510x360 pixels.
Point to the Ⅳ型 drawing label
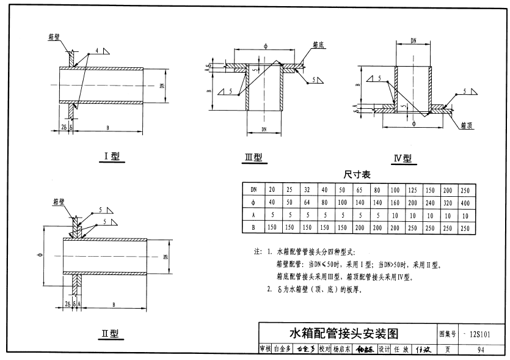pyautogui.click(x=402, y=159)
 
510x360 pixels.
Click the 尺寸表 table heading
pyautogui.click(x=357, y=174)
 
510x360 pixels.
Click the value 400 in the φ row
pyautogui.click(x=465, y=202)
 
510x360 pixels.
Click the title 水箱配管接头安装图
pyautogui.click(x=343, y=334)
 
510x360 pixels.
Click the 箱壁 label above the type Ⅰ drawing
pyautogui.click(x=53, y=37)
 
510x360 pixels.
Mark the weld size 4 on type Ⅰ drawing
pyautogui.click(x=97, y=48)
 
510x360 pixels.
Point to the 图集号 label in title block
pyautogui.click(x=448, y=334)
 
